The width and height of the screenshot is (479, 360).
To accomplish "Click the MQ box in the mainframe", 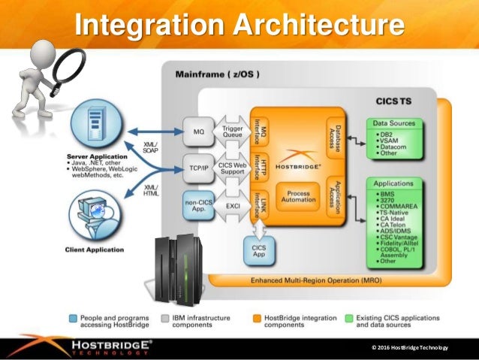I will (x=199, y=132).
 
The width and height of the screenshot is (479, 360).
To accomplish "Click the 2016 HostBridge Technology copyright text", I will (x=409, y=346).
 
